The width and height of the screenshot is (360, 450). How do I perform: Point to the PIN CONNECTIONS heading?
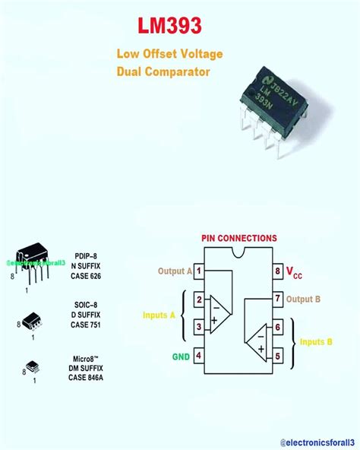[239, 238]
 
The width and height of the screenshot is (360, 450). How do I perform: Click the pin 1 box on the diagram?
[198, 271]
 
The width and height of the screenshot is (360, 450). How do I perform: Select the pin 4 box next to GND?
[198, 354]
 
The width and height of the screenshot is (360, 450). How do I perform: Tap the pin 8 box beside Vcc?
[277, 271]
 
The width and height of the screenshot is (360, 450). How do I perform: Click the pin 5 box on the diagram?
[277, 354]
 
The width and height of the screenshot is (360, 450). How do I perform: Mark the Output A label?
[175, 271]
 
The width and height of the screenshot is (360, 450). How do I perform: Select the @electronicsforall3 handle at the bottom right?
[311, 441]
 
